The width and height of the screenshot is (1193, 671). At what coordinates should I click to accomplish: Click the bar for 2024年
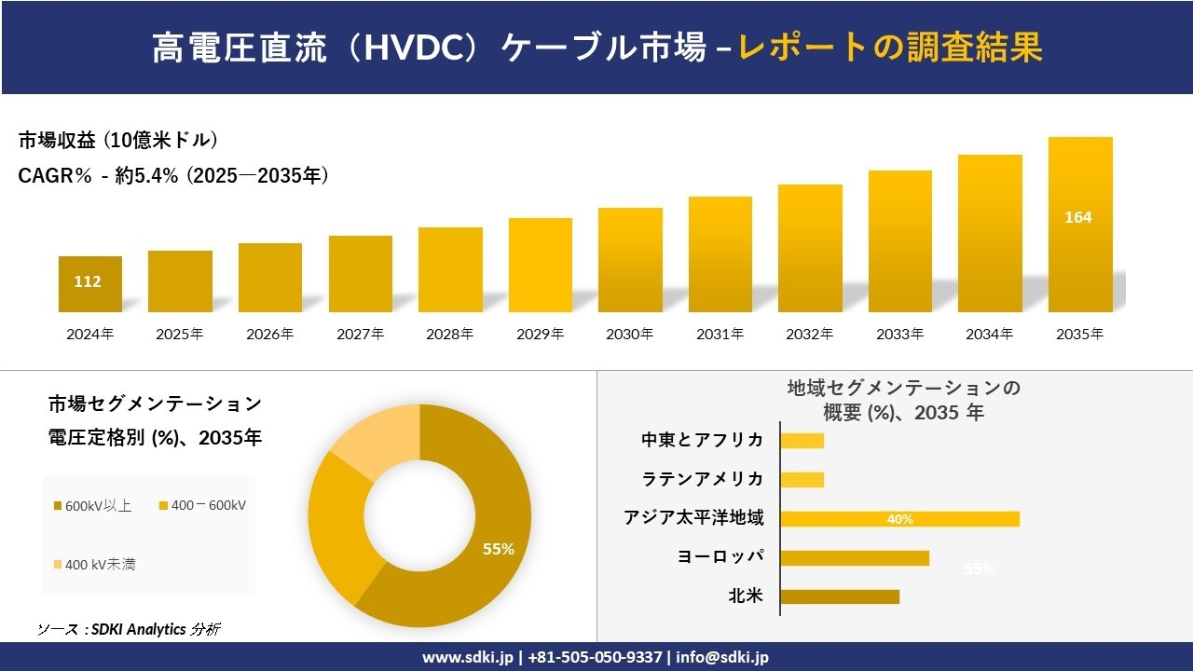(89, 284)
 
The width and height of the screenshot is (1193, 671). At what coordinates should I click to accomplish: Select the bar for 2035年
(1080, 225)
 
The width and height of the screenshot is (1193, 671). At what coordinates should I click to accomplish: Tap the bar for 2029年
(541, 265)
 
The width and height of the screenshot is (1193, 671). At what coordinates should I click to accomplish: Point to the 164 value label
(1078, 217)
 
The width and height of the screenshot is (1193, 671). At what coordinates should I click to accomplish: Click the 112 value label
(88, 281)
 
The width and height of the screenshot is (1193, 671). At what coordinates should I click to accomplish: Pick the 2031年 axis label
(720, 334)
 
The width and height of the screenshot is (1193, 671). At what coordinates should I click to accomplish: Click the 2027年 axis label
(360, 334)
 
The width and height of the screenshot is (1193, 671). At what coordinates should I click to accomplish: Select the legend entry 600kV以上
(93, 506)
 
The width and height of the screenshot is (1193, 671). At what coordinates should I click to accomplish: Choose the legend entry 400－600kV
(202, 506)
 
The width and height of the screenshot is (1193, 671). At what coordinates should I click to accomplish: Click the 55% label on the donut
(498, 549)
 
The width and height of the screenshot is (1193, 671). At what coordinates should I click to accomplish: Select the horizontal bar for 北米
(840, 596)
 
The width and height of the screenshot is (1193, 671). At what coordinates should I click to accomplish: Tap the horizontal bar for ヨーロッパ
(855, 557)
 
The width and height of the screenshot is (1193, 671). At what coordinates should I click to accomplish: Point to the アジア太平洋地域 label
(693, 518)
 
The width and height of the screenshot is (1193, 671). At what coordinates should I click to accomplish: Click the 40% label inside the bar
(899, 519)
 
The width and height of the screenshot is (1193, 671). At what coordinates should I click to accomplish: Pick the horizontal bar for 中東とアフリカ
(802, 440)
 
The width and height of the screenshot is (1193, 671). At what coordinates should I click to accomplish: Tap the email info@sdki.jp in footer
(722, 657)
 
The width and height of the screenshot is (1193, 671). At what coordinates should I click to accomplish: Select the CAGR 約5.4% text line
(173, 175)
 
